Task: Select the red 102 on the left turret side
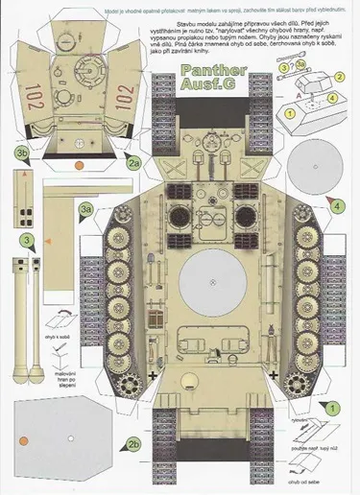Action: pos(36,94)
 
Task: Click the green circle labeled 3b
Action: pos(20,153)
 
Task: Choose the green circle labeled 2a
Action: pos(135,164)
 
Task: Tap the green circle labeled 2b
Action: pos(135,443)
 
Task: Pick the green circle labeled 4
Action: pos(338,204)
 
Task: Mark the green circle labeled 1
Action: pos(329,407)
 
